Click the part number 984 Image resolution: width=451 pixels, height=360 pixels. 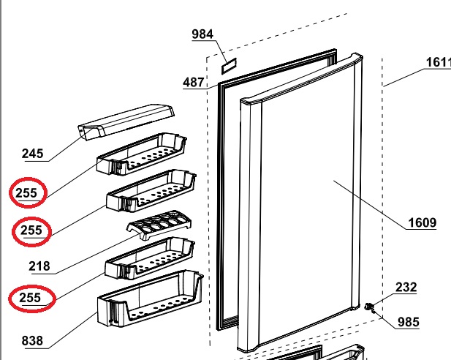[x=202, y=34]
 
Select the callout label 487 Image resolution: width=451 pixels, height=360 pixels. [x=193, y=82]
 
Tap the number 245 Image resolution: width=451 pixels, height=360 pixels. [x=32, y=154]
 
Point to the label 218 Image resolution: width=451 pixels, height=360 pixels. [x=39, y=266]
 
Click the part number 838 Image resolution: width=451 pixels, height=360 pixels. [x=32, y=341]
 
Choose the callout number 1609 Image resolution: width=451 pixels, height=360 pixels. [x=422, y=222]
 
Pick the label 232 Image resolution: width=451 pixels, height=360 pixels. [x=406, y=287]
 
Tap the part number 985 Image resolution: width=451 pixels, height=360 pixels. [x=409, y=322]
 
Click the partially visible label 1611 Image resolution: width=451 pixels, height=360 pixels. [x=439, y=62]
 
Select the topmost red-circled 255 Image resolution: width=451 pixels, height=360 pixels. [x=26, y=192]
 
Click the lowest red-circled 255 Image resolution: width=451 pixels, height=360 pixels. [x=30, y=298]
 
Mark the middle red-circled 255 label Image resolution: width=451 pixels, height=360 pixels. [x=31, y=230]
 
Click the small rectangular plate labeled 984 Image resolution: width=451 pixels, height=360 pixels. [x=229, y=66]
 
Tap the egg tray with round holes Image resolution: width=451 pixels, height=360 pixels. [x=159, y=225]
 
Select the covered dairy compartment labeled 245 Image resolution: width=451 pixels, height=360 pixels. [x=126, y=121]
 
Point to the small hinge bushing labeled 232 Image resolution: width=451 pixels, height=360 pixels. [x=368, y=306]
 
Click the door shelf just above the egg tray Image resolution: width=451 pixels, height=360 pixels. [x=151, y=191]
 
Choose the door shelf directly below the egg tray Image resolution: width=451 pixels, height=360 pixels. [x=150, y=258]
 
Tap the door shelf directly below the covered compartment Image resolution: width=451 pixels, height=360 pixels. [x=142, y=154]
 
